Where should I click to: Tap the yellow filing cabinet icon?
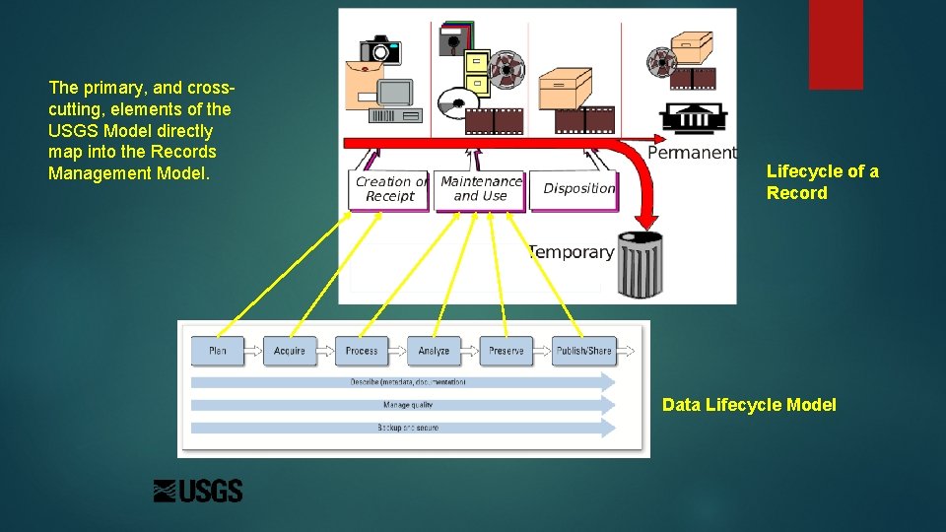(476, 73)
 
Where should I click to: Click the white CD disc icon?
(457, 102)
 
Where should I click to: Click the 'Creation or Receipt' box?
(390, 189)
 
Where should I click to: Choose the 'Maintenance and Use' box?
(480, 189)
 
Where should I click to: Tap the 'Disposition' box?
(578, 189)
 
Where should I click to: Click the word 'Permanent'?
(692, 153)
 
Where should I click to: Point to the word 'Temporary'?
(571, 252)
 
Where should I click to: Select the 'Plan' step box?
(218, 351)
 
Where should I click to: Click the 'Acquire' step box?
(290, 351)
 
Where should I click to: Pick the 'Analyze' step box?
(434, 351)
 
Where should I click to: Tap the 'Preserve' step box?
(507, 351)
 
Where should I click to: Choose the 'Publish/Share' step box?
(583, 351)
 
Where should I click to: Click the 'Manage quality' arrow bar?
(404, 405)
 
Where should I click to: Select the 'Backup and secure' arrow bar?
(404, 428)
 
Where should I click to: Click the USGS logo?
(198, 491)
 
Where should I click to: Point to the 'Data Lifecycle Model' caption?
(749, 405)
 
